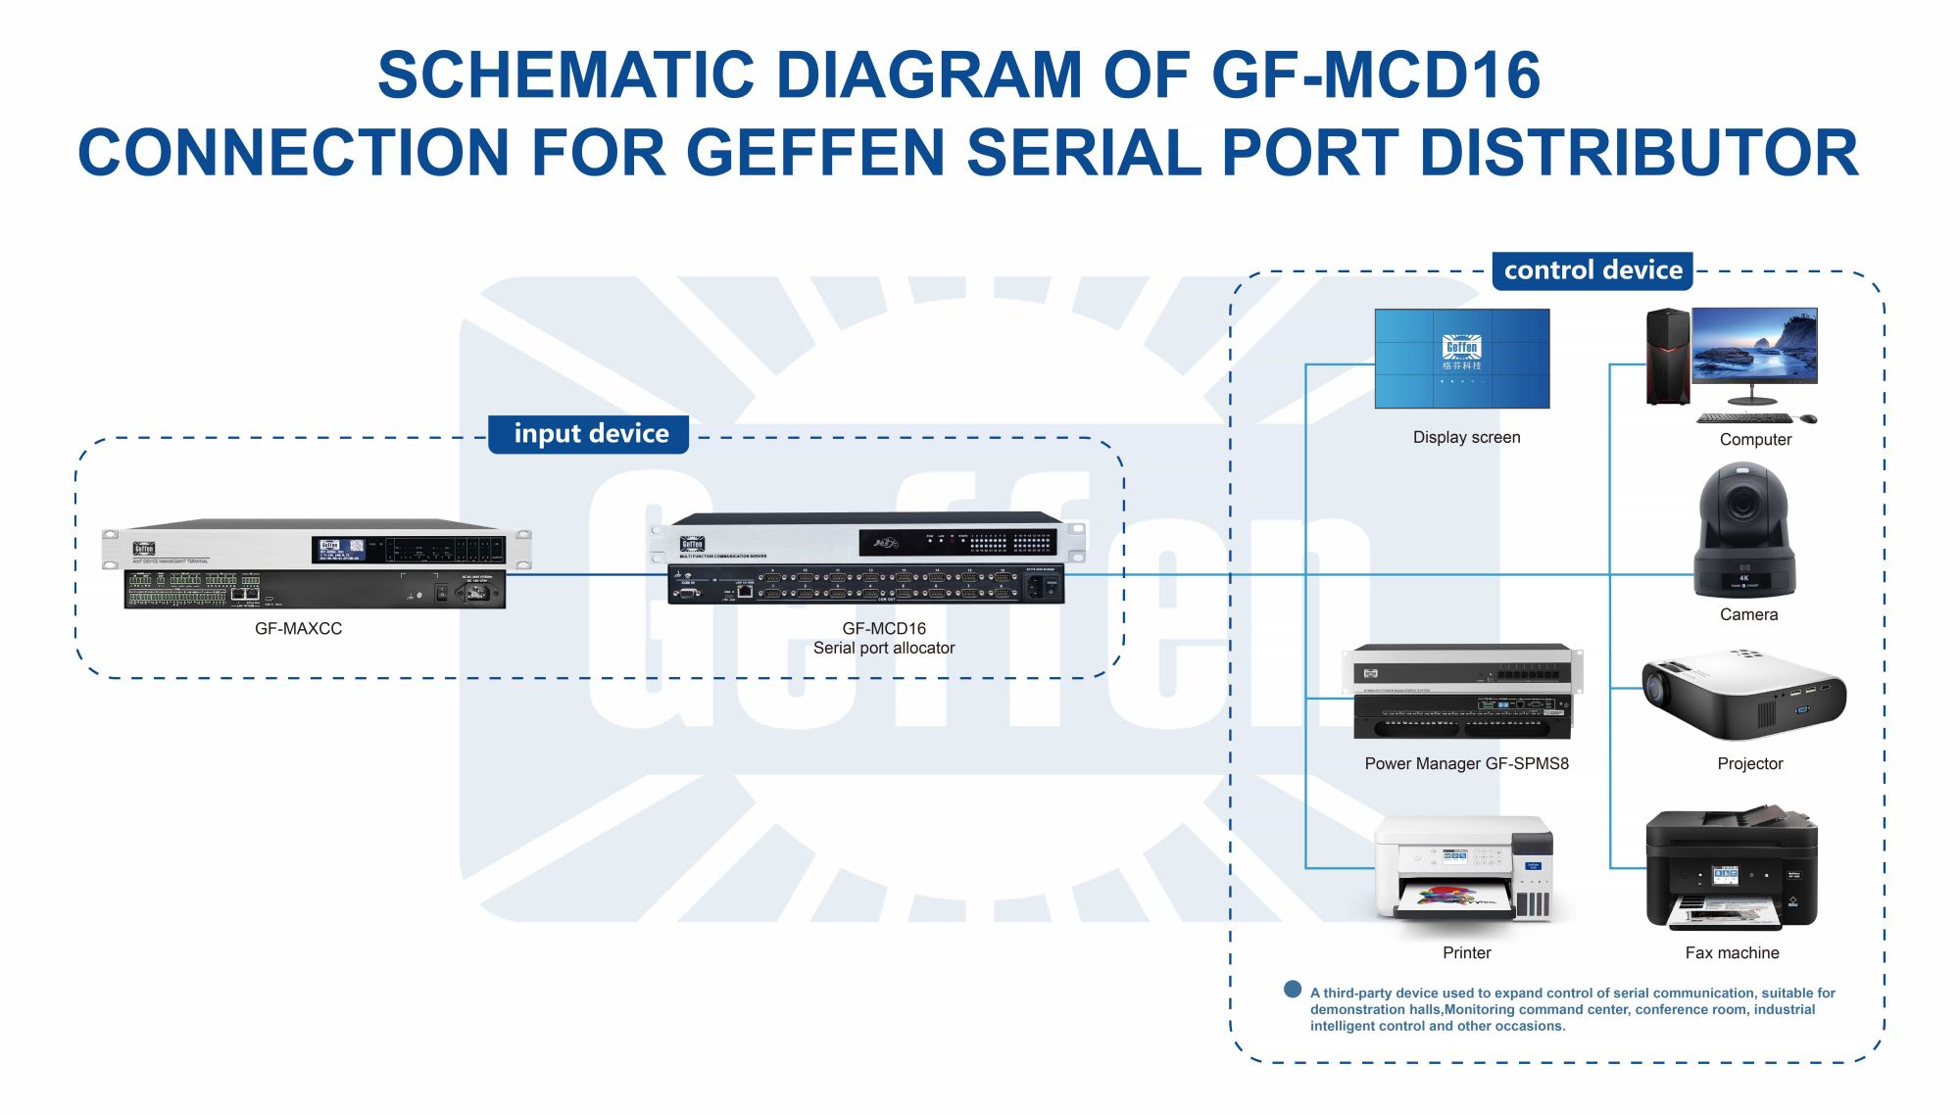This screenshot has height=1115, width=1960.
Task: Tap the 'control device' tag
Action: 1592,270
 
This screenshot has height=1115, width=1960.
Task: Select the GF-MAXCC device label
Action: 298,629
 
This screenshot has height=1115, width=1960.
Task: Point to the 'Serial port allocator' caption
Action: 883,649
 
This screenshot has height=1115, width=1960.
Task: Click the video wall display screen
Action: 1461,359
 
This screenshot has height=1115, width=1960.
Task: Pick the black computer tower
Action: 1667,357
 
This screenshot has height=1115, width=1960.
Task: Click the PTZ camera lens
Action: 1743,504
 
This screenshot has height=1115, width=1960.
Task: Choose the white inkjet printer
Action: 1464,870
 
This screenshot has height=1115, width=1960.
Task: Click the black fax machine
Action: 1732,870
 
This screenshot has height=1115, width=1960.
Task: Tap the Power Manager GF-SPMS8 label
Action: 1466,764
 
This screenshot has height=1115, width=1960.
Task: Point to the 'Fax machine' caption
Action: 1732,953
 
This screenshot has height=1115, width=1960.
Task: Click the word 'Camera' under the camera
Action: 1748,615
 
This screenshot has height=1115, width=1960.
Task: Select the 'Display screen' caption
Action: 1466,438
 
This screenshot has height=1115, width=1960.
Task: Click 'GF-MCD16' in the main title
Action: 1375,75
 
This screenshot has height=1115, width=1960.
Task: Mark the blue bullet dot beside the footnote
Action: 1293,990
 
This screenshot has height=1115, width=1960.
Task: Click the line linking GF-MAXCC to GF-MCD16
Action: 586,574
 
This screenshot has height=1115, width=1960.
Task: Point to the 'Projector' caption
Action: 1749,764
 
